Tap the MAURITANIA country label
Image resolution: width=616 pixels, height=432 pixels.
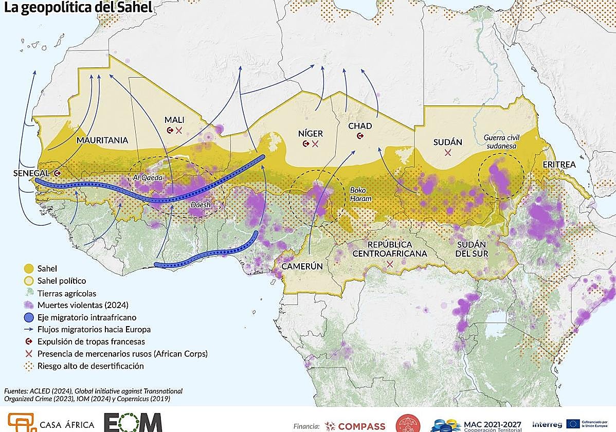(x=102, y=140)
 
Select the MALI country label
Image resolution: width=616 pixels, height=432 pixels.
(x=174, y=120)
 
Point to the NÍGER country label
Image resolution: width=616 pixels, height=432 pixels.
(x=311, y=134)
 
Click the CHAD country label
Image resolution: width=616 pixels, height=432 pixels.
(x=360, y=126)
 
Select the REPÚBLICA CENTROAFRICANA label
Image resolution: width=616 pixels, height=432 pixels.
(x=390, y=249)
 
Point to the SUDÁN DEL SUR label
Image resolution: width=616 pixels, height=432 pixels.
(x=472, y=249)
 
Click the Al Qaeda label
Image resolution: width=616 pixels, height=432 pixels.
(x=148, y=178)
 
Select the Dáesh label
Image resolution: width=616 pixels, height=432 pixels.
(x=201, y=205)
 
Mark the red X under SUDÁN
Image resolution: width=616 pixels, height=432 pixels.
(x=448, y=153)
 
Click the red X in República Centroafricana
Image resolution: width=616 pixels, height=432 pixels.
(x=390, y=264)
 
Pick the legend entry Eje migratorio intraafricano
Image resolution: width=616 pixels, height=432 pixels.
(x=86, y=317)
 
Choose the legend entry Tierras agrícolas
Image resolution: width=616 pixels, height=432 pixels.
(x=67, y=294)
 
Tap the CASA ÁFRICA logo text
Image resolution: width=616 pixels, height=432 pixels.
(x=67, y=425)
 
